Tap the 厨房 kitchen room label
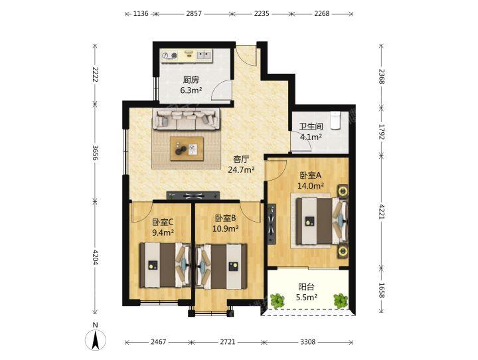[x=191, y=80]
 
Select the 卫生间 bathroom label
[x=311, y=127]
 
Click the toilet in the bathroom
[x=335, y=120]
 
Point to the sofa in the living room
[x=186, y=119]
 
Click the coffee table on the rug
[x=187, y=149]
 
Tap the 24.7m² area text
[x=241, y=169]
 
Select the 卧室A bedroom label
[x=311, y=175]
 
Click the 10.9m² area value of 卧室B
[x=225, y=228]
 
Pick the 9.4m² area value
[x=163, y=232]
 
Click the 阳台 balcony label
[x=306, y=287]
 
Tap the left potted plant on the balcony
[x=278, y=301]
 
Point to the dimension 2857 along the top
[x=194, y=13]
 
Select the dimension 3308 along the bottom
[x=307, y=342]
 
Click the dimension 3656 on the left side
[x=96, y=153]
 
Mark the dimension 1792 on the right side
[x=381, y=132]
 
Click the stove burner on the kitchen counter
[x=174, y=55]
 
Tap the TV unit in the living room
[x=193, y=195]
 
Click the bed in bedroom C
[x=165, y=265]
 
